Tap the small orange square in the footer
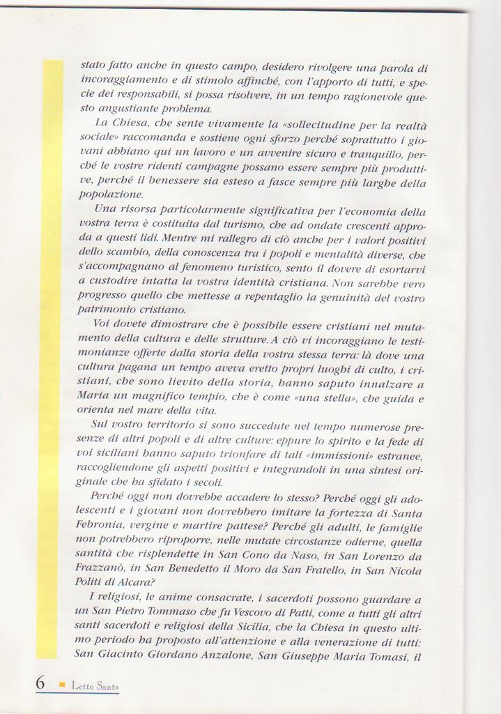(62, 685)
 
